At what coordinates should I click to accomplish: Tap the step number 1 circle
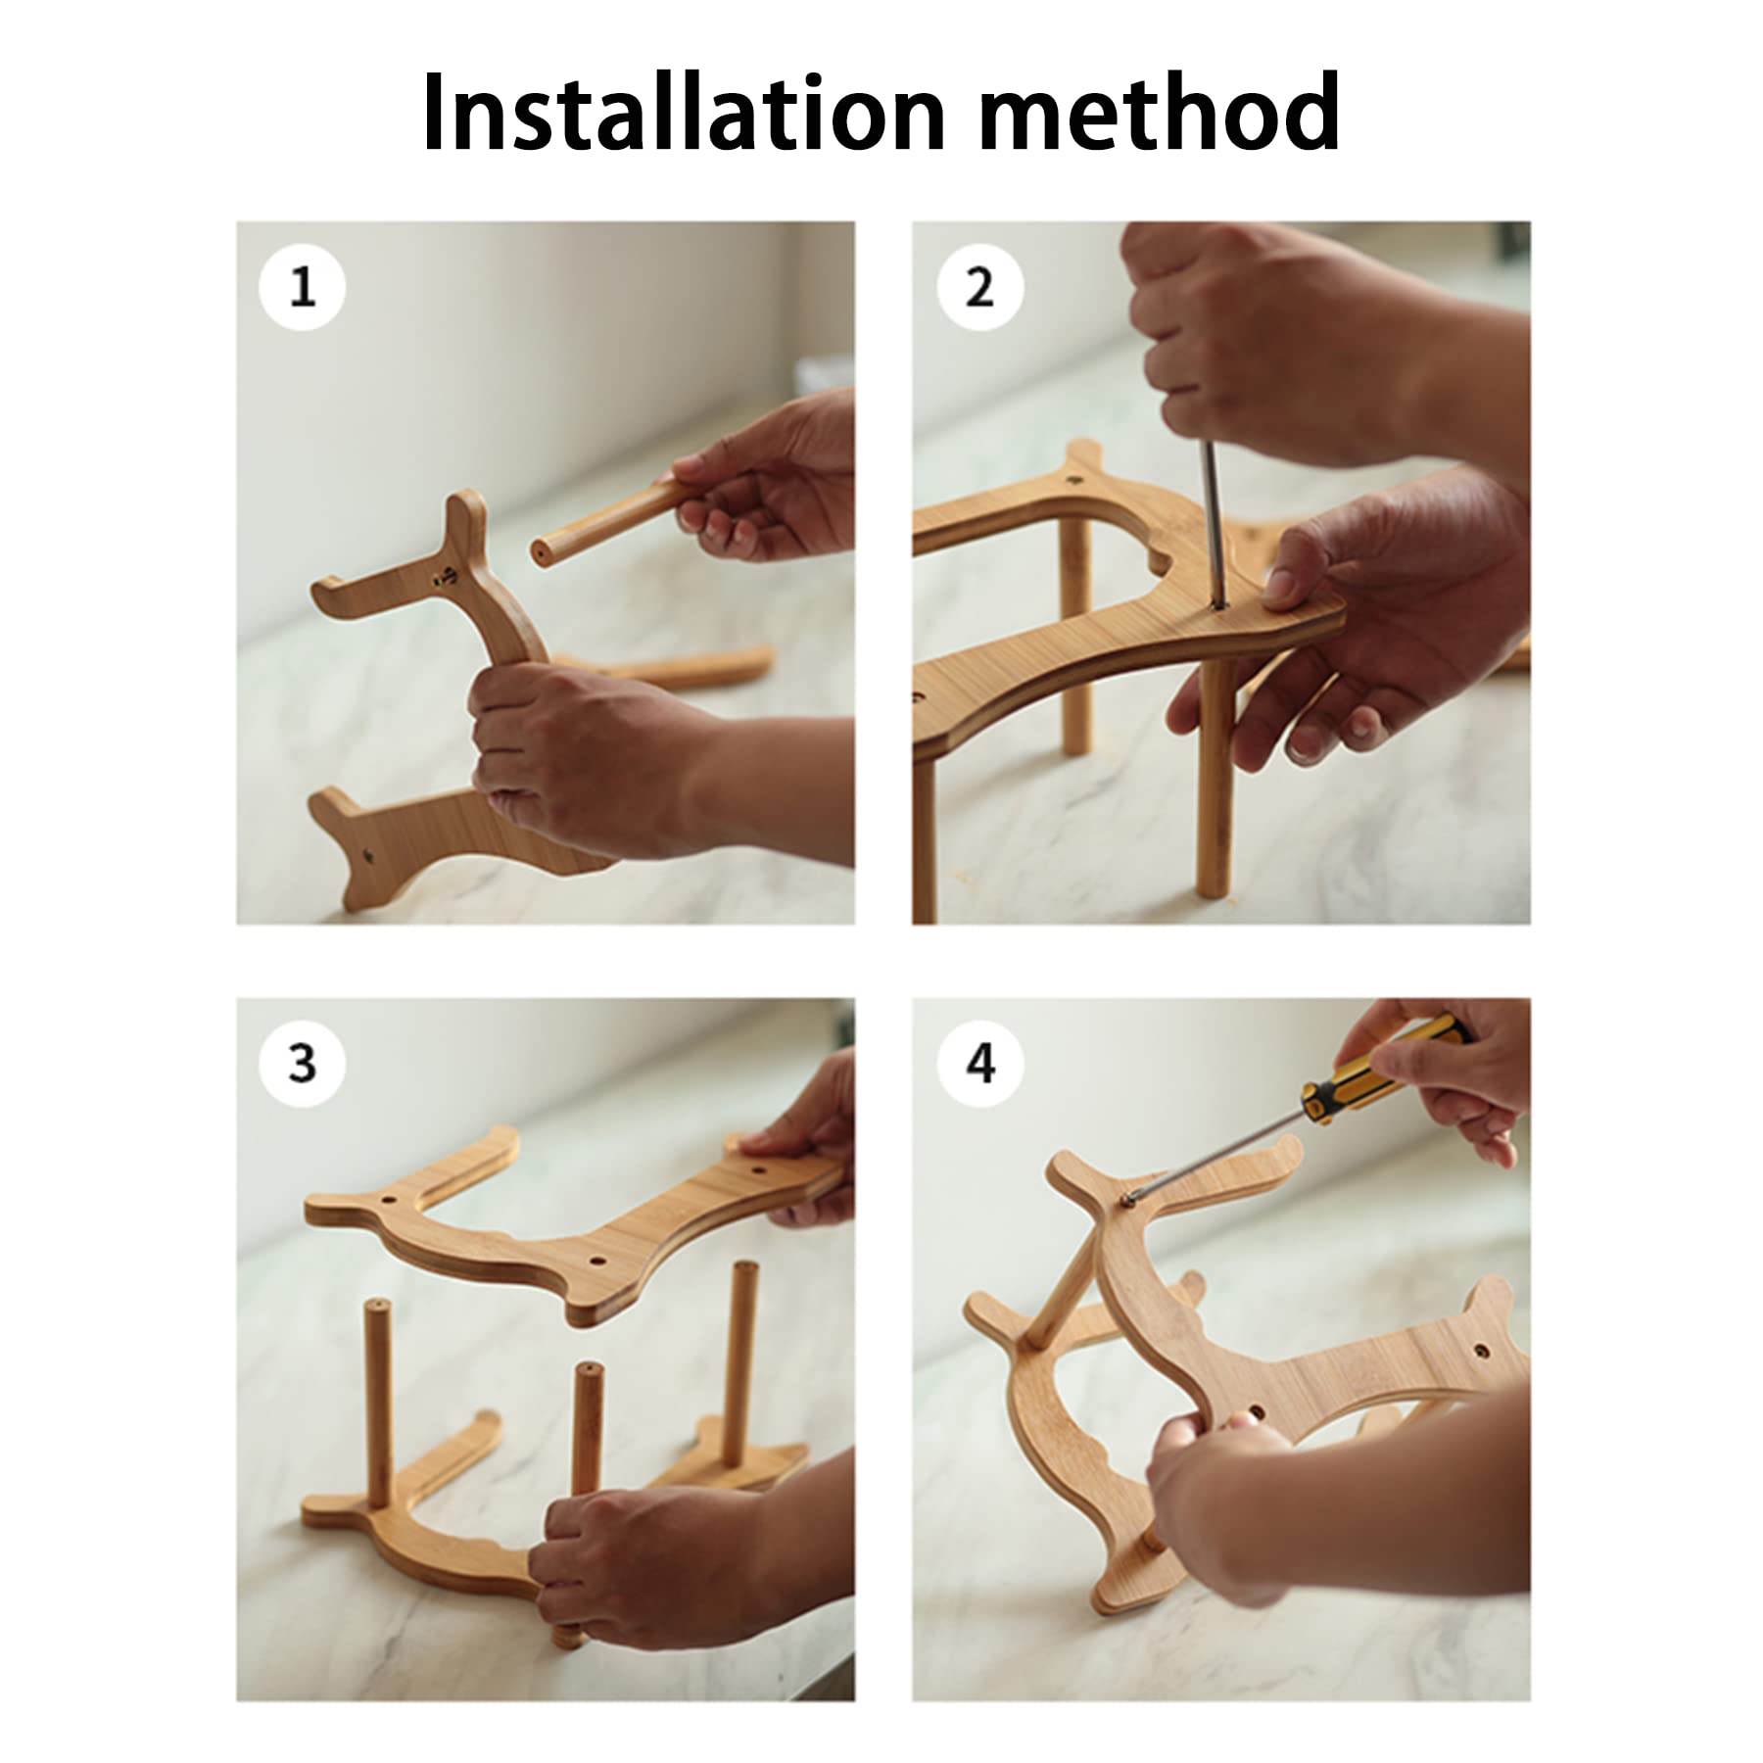coord(302,287)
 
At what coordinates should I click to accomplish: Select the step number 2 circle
coord(979,287)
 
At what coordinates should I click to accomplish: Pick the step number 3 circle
coord(302,1063)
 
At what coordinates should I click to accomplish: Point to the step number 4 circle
coord(979,1063)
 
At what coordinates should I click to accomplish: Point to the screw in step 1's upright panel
coord(446,577)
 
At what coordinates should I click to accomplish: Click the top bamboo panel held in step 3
coord(573,1221)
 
